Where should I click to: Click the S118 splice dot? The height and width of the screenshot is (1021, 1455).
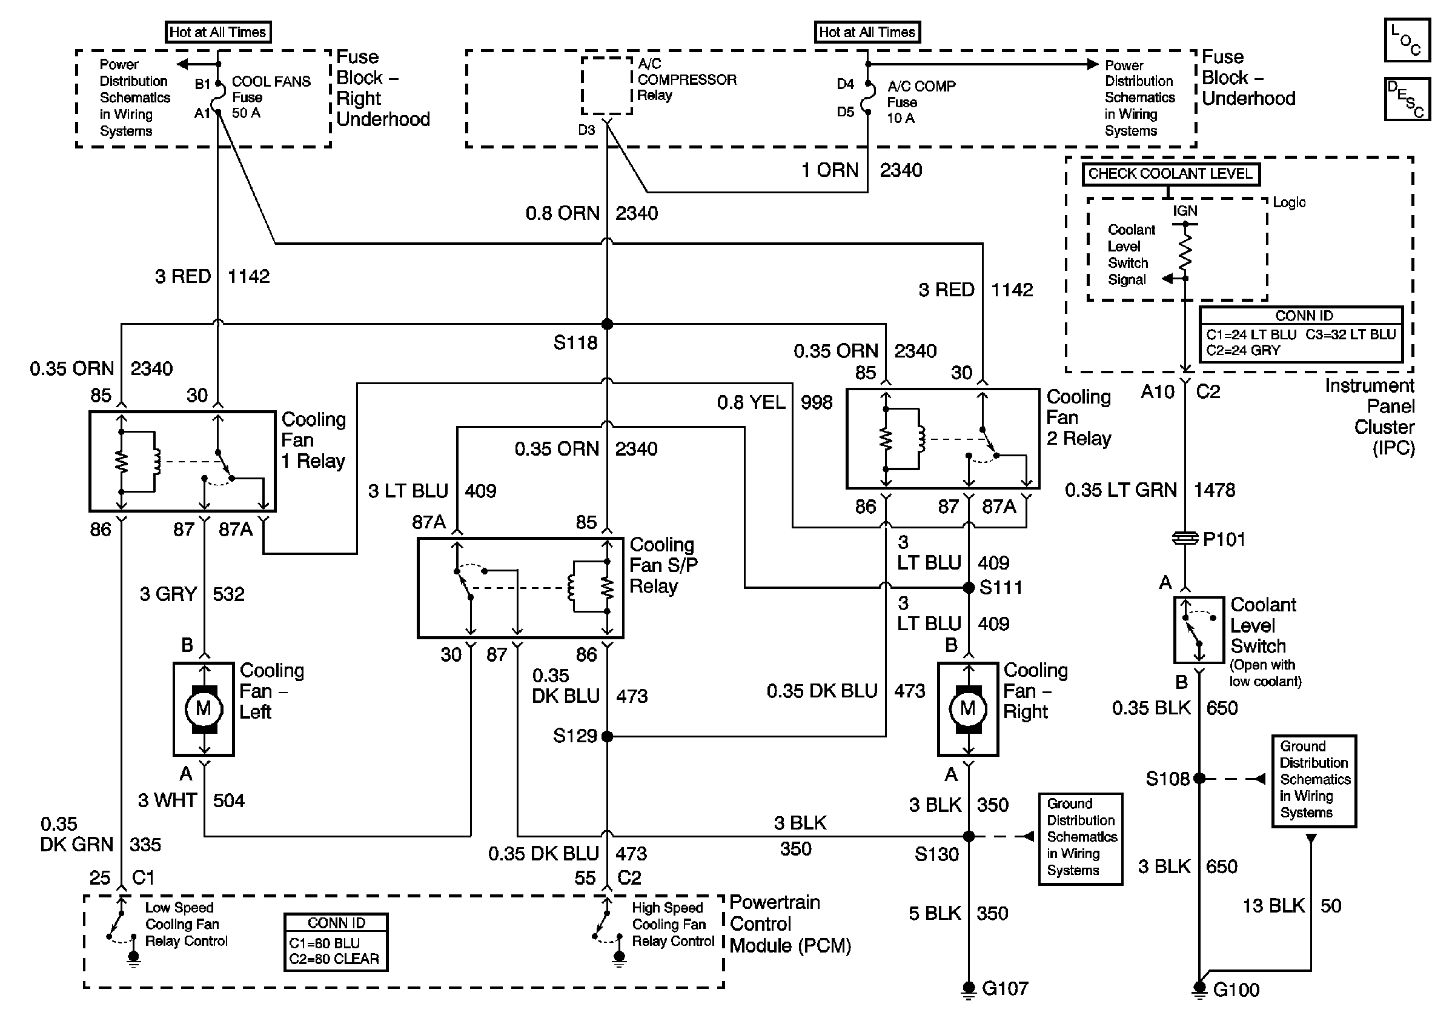[x=606, y=324]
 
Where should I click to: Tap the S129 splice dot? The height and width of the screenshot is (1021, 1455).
[x=607, y=736]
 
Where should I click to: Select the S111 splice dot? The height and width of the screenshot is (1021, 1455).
[x=969, y=588]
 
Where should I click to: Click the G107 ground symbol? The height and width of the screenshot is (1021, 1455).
[x=969, y=989]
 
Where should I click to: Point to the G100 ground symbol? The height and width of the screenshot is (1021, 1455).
[x=1199, y=989]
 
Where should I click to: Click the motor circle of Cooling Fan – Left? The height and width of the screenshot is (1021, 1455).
[x=204, y=708]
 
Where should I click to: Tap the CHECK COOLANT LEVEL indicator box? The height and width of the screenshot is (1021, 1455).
[x=1170, y=174]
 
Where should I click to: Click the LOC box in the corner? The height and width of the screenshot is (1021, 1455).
[x=1407, y=40]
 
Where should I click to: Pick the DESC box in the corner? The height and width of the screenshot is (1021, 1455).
[x=1407, y=99]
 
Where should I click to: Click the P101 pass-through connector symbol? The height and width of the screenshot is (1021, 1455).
[x=1185, y=539]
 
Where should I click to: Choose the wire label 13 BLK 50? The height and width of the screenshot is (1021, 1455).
[x=1291, y=906]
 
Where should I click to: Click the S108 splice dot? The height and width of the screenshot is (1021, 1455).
[x=1199, y=778]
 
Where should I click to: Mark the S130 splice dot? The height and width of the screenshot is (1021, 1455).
[x=969, y=837]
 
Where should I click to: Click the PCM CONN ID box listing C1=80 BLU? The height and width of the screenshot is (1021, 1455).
[x=336, y=942]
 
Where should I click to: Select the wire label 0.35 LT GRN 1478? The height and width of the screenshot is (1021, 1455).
[x=1150, y=490]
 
